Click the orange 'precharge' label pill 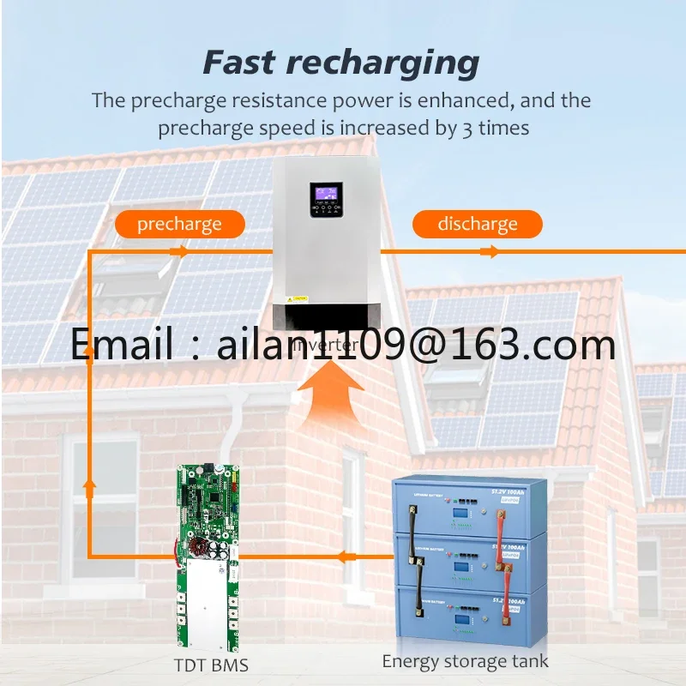(179, 225)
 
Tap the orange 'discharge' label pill (478, 225)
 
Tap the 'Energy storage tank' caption (465, 661)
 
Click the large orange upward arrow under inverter (328, 400)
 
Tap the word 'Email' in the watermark (120, 345)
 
